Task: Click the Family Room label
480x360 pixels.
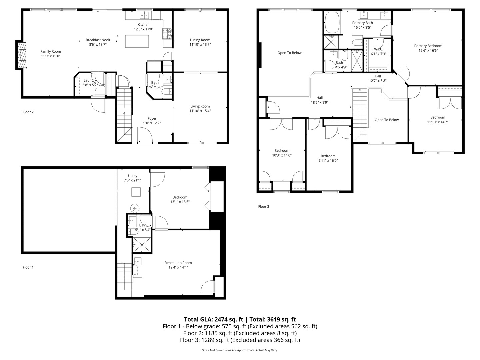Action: click(x=51, y=51)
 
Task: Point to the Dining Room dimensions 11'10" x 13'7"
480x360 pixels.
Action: click(x=200, y=44)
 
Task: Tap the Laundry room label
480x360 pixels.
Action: click(x=90, y=80)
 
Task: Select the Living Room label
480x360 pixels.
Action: click(x=200, y=106)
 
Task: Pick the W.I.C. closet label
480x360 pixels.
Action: click(x=378, y=49)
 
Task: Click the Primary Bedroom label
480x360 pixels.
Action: click(x=428, y=46)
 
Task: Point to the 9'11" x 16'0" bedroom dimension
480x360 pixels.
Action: click(x=328, y=160)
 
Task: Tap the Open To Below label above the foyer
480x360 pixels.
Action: click(x=386, y=120)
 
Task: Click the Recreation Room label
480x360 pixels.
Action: click(x=178, y=263)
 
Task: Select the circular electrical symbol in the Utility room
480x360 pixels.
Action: click(x=135, y=208)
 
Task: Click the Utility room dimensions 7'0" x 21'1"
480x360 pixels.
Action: click(x=132, y=180)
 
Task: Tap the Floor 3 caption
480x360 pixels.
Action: click(x=263, y=206)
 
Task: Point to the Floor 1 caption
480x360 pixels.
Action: click(x=28, y=267)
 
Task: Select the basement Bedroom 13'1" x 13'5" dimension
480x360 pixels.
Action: click(x=180, y=202)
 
